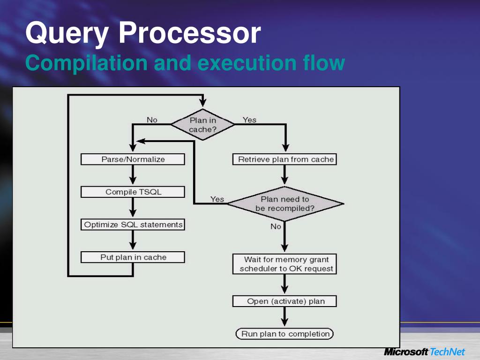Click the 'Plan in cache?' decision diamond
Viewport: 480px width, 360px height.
202,125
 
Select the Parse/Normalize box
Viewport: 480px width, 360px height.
133,159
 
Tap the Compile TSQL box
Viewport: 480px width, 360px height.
133,192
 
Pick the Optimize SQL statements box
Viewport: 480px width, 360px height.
133,225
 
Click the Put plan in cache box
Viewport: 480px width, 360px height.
133,257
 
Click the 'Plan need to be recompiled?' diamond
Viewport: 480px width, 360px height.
285,203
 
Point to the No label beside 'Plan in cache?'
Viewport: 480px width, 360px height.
152,120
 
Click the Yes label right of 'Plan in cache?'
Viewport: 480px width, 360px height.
249,120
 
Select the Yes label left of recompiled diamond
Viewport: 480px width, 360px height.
217,199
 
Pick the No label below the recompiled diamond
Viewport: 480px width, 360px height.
276,226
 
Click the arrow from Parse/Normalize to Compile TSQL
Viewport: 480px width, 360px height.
133,176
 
